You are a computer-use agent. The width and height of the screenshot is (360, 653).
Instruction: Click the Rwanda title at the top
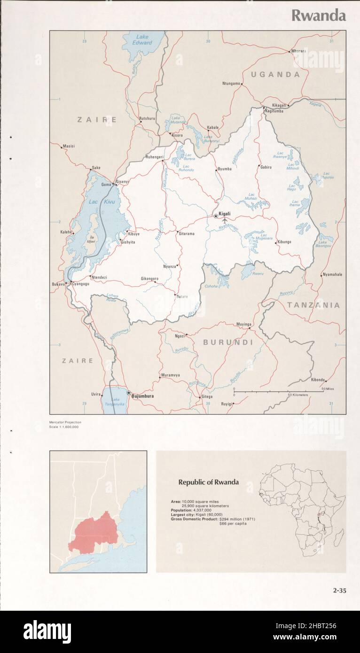point(318,16)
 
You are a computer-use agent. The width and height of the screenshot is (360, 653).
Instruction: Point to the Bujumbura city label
point(142,396)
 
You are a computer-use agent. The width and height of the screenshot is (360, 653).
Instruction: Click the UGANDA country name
point(275,74)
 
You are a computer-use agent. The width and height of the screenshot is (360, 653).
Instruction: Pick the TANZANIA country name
point(313,305)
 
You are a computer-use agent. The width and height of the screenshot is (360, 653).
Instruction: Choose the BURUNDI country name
point(228,342)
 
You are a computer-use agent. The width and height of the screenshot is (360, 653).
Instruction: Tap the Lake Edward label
point(144,40)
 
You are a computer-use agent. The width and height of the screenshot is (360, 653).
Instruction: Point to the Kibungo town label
point(284,242)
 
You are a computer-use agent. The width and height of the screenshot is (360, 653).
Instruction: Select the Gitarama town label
point(186,233)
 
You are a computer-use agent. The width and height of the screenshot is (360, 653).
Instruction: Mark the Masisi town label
point(69,146)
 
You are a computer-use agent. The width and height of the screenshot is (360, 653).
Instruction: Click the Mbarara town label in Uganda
point(298,51)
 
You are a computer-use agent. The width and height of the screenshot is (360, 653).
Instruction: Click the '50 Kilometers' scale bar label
point(298,395)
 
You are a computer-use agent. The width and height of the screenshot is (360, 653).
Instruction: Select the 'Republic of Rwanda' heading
point(208,482)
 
